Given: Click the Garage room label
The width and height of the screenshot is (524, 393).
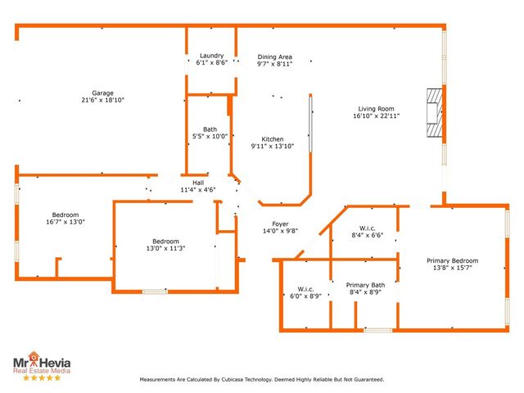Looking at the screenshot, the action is (102, 93).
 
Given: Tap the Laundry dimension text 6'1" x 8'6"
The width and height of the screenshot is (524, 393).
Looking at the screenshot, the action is (212, 62).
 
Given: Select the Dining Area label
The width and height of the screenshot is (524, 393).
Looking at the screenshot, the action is (275, 56).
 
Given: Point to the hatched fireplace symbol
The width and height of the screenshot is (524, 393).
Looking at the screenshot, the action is (435, 113).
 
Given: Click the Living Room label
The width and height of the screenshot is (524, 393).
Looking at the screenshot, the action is (376, 109).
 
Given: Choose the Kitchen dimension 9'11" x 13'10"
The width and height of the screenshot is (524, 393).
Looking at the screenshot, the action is (273, 146).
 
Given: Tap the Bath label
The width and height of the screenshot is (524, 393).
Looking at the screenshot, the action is (210, 129).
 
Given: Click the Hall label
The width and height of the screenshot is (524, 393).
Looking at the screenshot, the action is (198, 183).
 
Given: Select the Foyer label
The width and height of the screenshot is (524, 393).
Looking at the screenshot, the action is (280, 224).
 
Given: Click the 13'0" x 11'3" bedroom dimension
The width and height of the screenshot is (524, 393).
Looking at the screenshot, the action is (165, 248).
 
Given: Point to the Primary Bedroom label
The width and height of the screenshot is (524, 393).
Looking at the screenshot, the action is (452, 260).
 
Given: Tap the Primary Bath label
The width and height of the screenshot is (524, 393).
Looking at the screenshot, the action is (365, 285).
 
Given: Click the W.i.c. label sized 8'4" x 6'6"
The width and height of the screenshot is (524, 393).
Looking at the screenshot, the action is (367, 228).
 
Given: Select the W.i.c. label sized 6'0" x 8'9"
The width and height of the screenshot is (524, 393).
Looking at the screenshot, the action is (305, 289).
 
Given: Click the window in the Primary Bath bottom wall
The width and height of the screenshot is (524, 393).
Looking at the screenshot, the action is (378, 330).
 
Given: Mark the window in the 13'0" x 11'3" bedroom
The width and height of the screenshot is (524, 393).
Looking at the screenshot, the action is (155, 291).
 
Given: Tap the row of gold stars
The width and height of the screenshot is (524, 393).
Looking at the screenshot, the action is (42, 377).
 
